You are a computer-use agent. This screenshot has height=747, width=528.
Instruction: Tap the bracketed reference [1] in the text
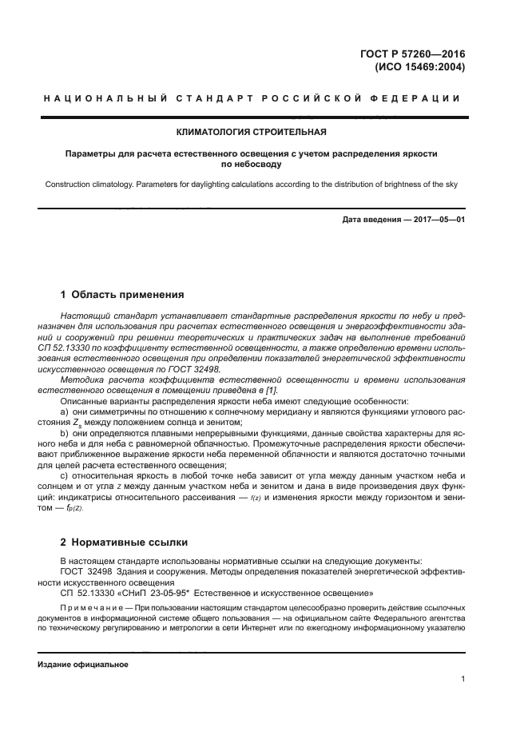[x=272, y=390]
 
